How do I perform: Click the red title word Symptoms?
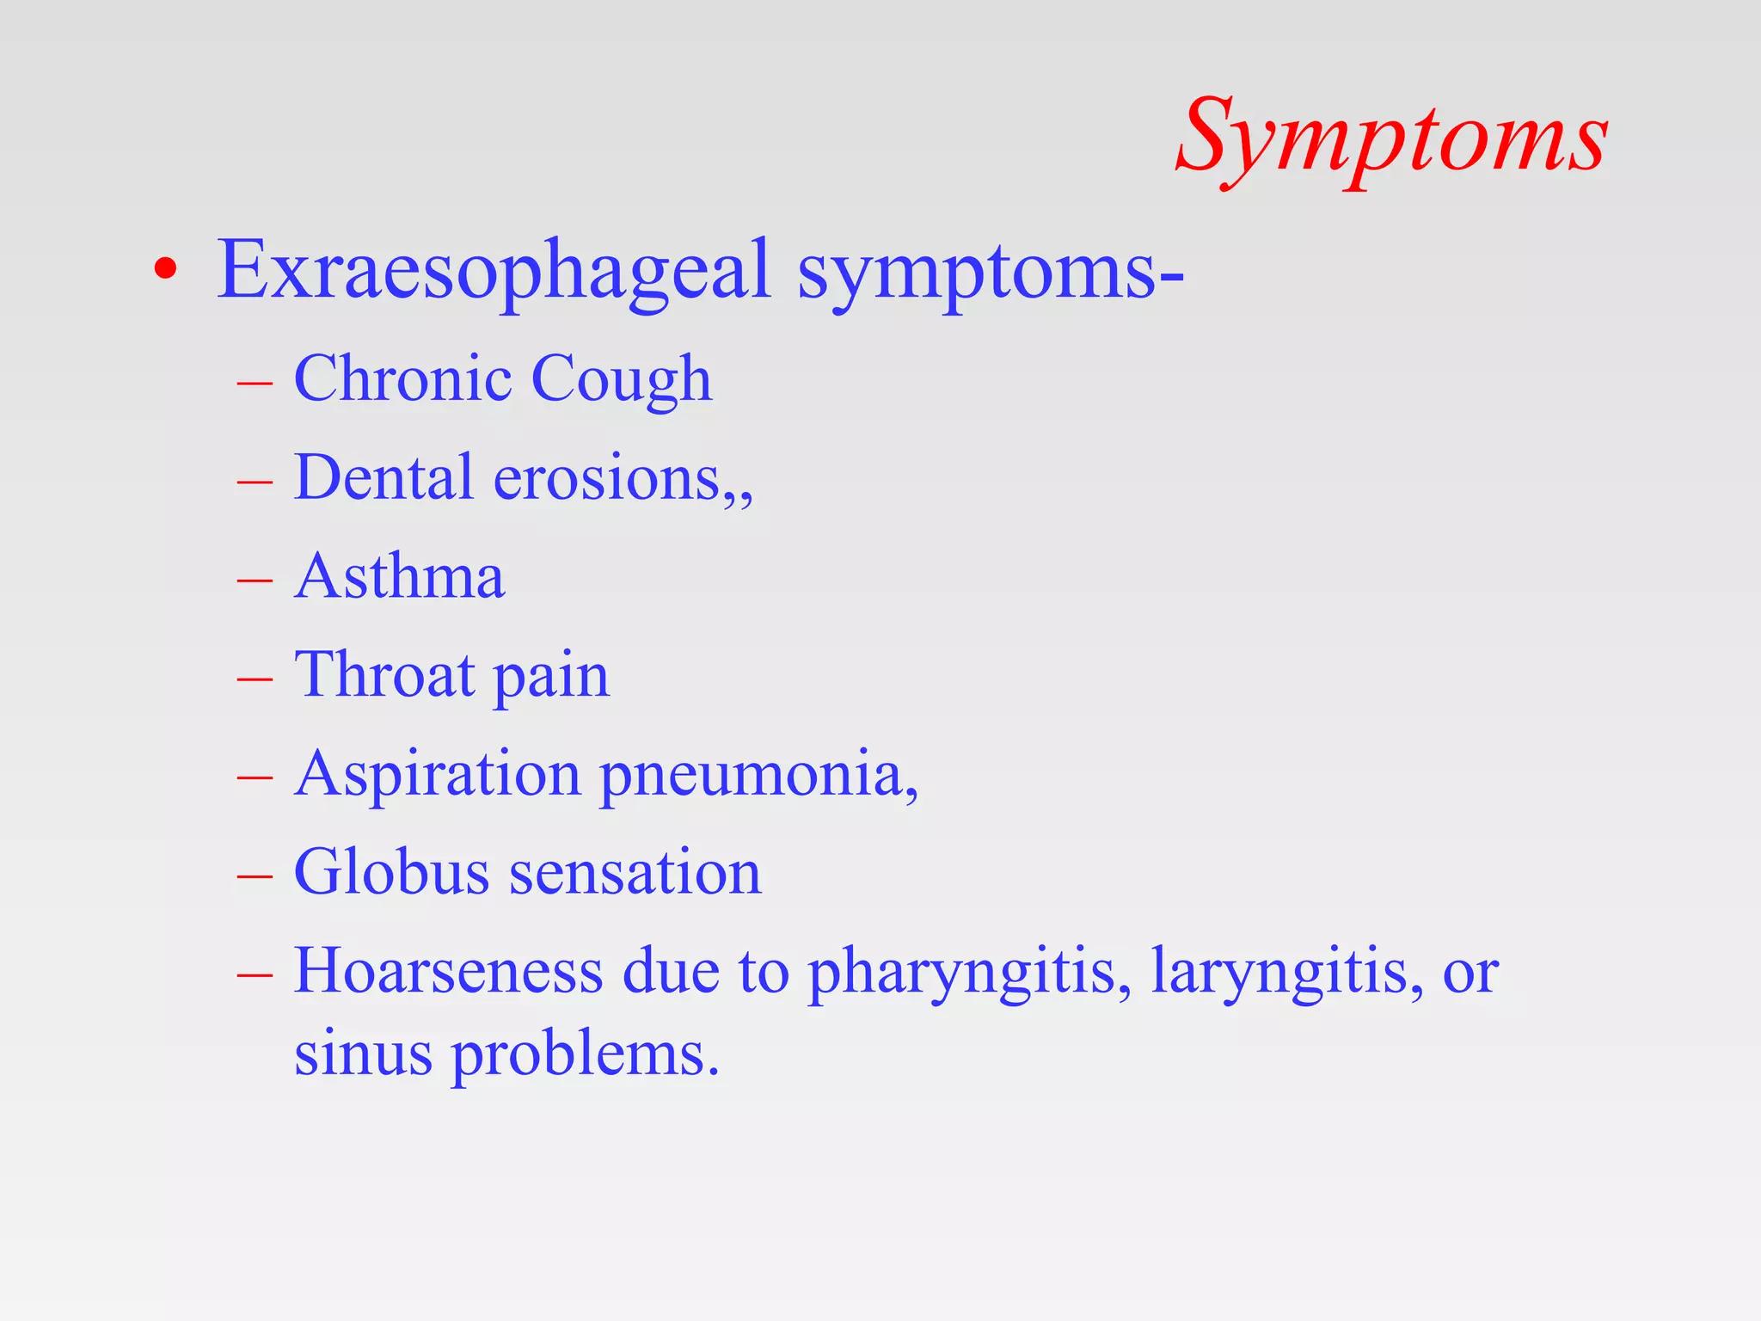[1390, 138]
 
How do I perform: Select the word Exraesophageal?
[494, 271]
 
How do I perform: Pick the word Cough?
[621, 380]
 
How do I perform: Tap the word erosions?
[607, 479]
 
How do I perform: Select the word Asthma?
[399, 576]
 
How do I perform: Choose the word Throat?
[384, 675]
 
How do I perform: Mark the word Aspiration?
[438, 775]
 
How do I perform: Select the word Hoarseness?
[448, 972]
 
